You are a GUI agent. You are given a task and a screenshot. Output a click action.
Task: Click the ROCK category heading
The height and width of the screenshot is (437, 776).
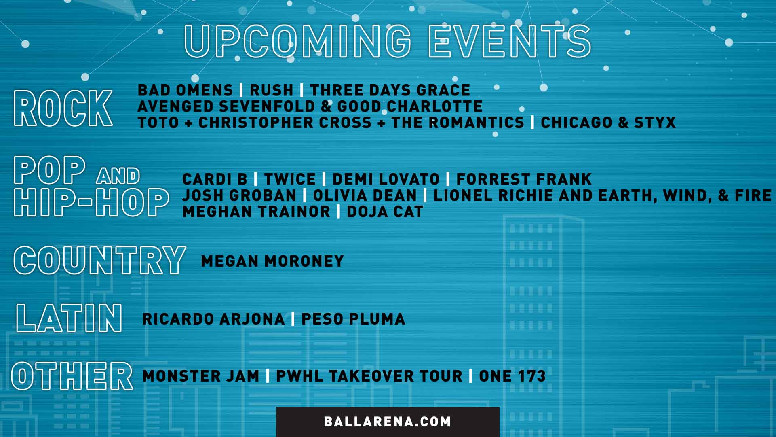[63, 108]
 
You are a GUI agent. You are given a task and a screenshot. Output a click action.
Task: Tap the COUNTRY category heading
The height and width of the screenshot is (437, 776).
[100, 260]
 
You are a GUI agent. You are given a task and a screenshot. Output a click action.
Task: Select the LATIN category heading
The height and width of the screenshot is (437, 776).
[69, 318]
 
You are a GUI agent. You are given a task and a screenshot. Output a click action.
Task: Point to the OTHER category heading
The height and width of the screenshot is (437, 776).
[72, 376]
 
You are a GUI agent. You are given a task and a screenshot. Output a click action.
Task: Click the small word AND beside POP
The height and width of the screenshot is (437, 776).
[118, 176]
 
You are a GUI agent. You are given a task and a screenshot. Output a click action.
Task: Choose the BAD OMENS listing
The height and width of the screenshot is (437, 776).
[186, 90]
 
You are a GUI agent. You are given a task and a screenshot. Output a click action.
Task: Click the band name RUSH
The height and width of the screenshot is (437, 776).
[271, 90]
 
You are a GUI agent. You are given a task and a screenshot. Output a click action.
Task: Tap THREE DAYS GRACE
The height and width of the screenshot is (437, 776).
[390, 90]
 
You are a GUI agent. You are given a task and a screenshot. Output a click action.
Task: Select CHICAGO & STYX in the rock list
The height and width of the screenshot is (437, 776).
[608, 123]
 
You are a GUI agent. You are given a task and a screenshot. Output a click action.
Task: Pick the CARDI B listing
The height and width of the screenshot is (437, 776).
[215, 179]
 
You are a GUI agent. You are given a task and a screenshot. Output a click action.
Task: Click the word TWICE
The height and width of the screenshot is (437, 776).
[290, 179]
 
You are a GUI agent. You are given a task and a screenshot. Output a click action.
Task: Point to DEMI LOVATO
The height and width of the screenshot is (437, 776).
[386, 179]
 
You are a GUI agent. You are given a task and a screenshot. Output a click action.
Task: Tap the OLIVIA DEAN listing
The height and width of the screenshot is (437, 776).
[365, 195]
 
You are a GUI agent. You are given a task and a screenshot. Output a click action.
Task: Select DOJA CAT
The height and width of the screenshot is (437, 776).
[385, 212]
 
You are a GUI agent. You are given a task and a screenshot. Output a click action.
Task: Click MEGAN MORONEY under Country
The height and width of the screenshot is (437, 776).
[272, 261]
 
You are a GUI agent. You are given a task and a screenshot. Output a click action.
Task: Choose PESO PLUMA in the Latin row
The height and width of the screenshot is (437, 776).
[353, 319]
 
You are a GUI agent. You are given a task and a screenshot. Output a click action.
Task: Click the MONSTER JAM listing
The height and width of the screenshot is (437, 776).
[201, 376]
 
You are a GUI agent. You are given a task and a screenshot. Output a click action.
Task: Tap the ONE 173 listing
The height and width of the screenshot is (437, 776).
[512, 376]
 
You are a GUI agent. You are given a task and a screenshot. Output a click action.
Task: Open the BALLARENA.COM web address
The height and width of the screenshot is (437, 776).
[387, 422]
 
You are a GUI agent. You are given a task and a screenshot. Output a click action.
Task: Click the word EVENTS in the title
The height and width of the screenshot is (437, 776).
[510, 41]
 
